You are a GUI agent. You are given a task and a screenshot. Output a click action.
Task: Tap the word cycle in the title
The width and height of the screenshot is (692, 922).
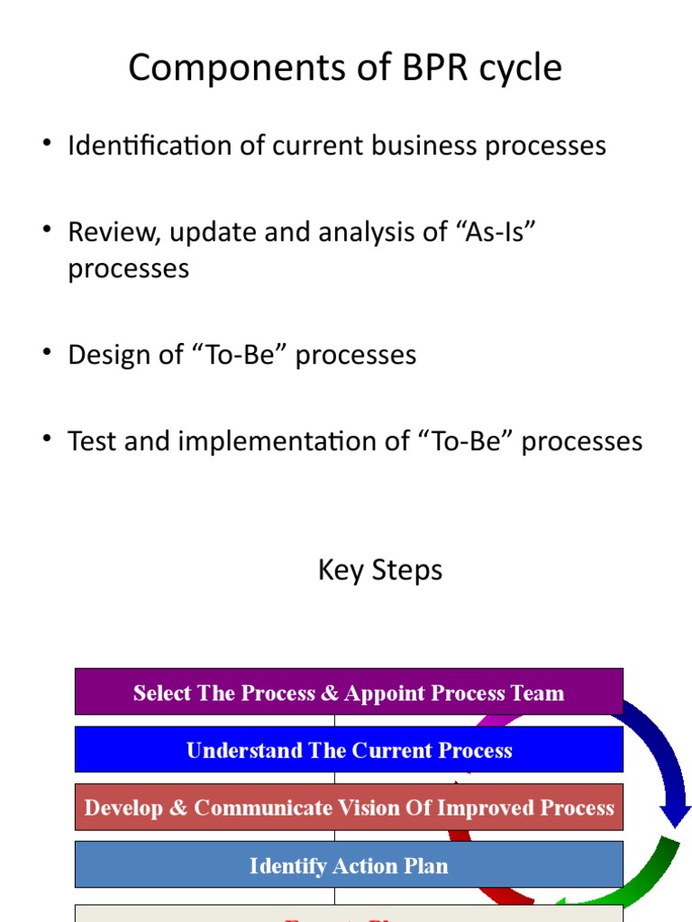pos(518,68)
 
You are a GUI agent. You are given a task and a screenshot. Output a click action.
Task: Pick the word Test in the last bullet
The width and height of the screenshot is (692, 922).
pos(94,441)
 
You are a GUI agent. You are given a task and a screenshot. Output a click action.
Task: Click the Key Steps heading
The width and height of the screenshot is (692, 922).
pos(380,570)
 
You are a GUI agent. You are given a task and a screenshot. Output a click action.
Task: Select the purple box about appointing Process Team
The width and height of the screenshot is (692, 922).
pos(349,692)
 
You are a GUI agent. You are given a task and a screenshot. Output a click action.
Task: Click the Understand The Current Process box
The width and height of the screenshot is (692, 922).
pos(349,750)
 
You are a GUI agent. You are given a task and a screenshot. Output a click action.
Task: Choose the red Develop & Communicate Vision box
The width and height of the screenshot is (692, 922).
pos(349,808)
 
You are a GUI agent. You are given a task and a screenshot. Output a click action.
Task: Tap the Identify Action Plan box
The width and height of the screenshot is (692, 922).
pos(349,865)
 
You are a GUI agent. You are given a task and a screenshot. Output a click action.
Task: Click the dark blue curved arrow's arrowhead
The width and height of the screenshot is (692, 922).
pos(675,816)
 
